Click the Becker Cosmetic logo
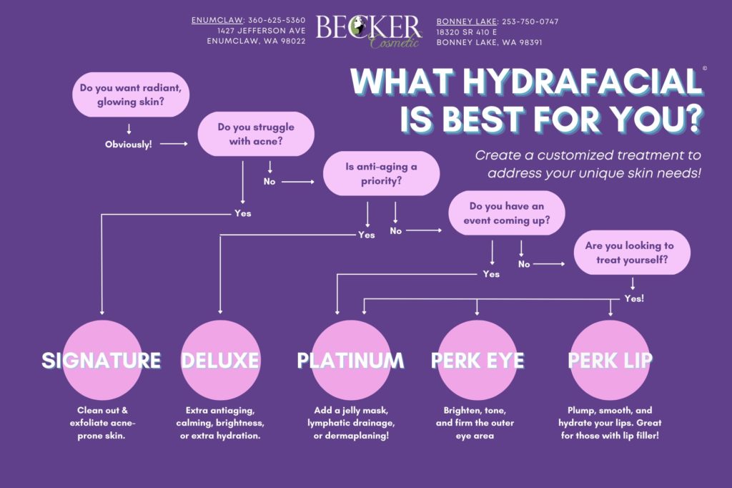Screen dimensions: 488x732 point(369,31)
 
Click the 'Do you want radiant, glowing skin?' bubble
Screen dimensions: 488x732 point(130,95)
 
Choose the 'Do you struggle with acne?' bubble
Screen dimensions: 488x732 point(256,134)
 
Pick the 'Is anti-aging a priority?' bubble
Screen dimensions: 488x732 point(381,174)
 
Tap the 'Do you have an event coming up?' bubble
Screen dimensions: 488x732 point(507,214)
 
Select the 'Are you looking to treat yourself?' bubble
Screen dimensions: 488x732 point(632,253)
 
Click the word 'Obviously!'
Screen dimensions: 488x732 point(129,145)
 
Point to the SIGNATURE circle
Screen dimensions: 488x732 point(102,360)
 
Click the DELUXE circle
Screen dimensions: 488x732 point(219,360)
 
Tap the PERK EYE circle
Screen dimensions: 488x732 point(478,360)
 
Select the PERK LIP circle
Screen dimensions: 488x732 point(610,360)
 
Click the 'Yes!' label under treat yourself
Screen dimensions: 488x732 point(633,298)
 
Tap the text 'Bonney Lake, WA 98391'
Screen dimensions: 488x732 point(489,42)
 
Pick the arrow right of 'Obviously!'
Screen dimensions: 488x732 point(174,145)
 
